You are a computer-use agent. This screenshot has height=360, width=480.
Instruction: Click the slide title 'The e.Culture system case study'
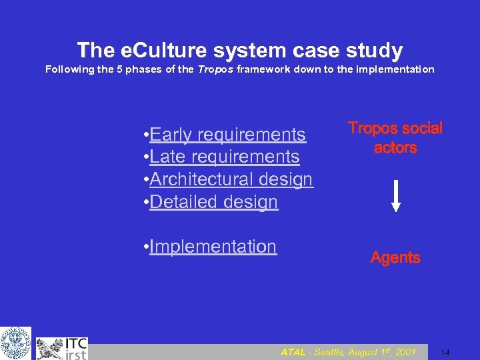(x=240, y=50)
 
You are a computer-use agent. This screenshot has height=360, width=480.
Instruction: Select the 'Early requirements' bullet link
(x=227, y=135)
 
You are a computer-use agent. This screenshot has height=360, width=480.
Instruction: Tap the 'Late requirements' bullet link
(x=225, y=157)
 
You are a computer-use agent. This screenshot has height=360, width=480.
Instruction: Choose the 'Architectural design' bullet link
(x=231, y=179)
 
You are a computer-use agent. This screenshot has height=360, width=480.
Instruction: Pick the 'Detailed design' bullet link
(x=213, y=201)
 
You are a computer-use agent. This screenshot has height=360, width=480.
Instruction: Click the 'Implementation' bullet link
(x=213, y=247)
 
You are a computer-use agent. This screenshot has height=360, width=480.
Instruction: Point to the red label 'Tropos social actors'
(x=395, y=138)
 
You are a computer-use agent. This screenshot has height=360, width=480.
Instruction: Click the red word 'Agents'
(x=395, y=257)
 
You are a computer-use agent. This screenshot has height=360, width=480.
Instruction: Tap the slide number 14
(x=445, y=352)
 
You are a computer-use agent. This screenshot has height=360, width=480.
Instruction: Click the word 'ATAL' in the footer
(x=293, y=352)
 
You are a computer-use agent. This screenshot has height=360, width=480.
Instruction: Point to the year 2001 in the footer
(x=406, y=352)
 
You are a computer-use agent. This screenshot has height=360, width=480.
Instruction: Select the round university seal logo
(x=15, y=343)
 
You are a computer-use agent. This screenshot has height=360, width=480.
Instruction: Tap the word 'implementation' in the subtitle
(x=397, y=69)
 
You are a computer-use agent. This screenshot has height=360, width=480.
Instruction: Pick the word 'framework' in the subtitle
(x=254, y=69)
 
